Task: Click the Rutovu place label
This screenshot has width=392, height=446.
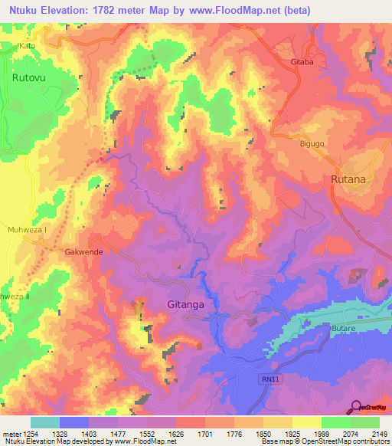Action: point(29,77)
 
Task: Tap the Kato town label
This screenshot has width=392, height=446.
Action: point(28,46)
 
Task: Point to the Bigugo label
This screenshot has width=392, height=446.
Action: point(312,143)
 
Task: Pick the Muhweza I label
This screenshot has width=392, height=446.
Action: point(28,228)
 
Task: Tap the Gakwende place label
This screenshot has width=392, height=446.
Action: point(83,251)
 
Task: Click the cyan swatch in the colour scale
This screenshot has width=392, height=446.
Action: point(45,422)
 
